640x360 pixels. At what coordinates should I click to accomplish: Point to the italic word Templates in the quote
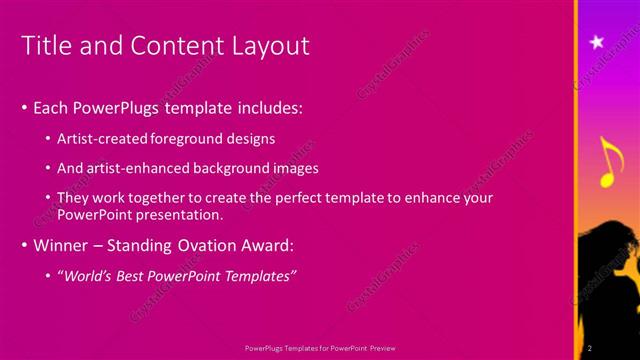tap(261, 275)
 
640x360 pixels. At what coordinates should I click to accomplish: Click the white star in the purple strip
tap(597, 41)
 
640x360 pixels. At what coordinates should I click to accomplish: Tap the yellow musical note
tap(608, 163)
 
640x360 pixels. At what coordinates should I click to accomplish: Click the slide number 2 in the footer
tap(590, 347)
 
